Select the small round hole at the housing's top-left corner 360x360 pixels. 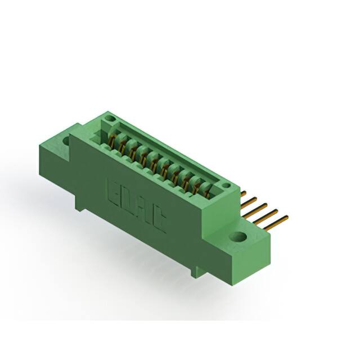coord(111,119)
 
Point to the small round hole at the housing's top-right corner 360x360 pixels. coord(226,186)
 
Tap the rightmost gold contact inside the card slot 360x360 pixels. coord(207,192)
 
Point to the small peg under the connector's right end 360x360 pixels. coord(195,272)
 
